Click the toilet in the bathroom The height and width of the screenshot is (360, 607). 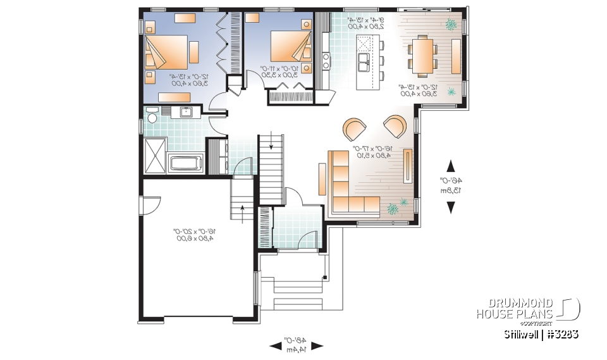pyautogui.click(x=152, y=118)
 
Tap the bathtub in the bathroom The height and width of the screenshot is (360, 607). pyautogui.click(x=185, y=163)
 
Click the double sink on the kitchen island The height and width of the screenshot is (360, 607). pyautogui.click(x=365, y=62)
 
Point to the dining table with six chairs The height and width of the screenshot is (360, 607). pyautogui.click(x=421, y=54)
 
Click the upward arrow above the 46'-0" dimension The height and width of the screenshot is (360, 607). pyautogui.click(x=450, y=166)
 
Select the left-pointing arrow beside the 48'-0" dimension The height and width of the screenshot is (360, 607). pyautogui.click(x=276, y=346)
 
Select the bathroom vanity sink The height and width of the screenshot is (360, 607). pyautogui.click(x=187, y=113)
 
